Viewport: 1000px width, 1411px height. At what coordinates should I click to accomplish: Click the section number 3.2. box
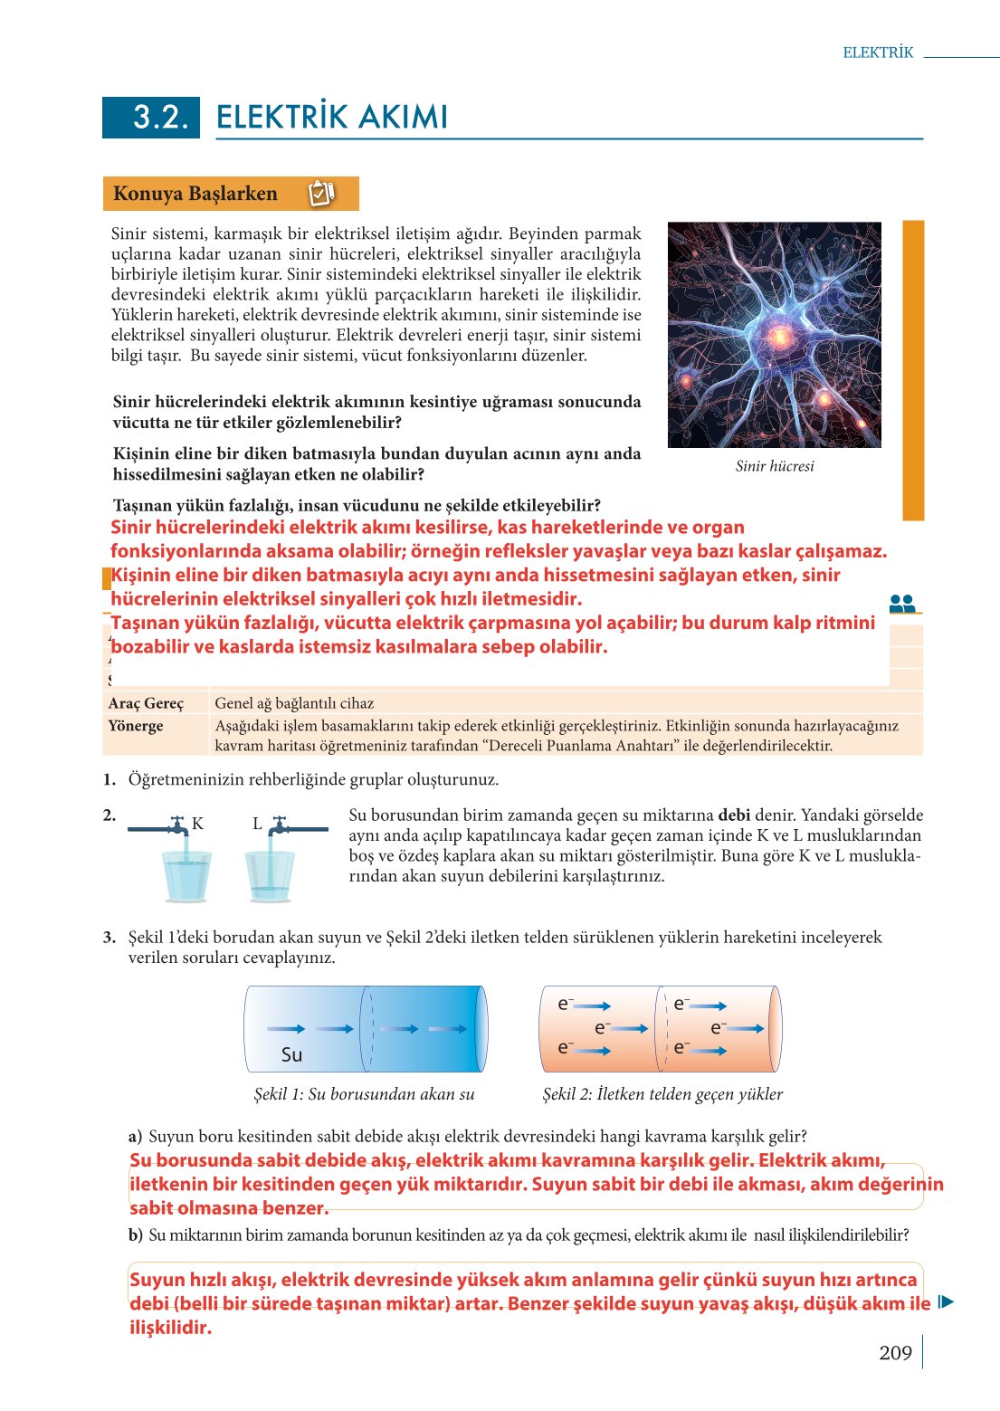(151, 117)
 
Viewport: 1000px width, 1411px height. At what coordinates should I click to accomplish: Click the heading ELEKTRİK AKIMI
(332, 118)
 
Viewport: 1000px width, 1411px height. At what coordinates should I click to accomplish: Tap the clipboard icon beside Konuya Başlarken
(321, 193)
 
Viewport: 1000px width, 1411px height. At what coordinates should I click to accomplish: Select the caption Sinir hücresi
(774, 466)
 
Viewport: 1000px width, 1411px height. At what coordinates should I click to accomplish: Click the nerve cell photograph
(774, 335)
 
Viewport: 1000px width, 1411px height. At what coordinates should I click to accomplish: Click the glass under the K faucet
(186, 876)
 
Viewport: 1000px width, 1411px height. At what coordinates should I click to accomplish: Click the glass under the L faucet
(270, 876)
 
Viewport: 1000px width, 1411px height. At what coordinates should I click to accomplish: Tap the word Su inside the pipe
(291, 1054)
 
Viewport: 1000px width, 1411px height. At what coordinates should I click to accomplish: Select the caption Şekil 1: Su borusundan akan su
(364, 1094)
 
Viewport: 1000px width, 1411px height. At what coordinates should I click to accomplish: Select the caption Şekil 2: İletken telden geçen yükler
(662, 1094)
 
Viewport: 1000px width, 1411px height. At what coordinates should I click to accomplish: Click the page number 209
(895, 1353)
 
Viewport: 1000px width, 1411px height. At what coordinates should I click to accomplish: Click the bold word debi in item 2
(734, 815)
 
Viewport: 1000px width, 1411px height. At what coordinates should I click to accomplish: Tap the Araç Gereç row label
(146, 703)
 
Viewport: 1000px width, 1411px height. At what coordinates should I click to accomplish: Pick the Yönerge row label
(136, 726)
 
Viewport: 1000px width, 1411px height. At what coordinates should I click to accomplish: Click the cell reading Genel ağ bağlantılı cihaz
(294, 703)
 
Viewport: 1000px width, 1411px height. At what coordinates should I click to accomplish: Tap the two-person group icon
(902, 604)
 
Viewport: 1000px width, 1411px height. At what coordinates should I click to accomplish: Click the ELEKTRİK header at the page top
(878, 52)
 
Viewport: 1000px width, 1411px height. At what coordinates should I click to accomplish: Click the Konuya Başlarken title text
(195, 194)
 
